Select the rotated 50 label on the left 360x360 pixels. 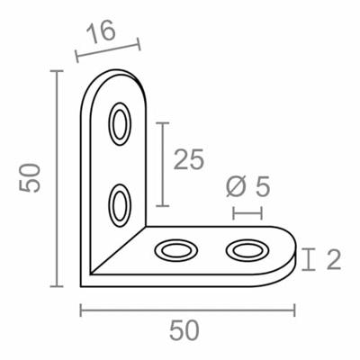point(31,176)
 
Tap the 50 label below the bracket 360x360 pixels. point(184,330)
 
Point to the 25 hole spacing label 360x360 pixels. point(188,159)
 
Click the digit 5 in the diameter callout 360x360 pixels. point(262,186)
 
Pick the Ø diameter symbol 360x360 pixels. point(237,186)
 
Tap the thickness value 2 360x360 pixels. point(332,260)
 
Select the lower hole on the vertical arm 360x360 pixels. point(119,204)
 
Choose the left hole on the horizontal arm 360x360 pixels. point(175,249)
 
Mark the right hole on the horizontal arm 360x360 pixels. point(247,249)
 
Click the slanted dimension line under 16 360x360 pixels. point(108,49)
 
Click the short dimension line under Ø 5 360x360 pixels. point(247,213)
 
